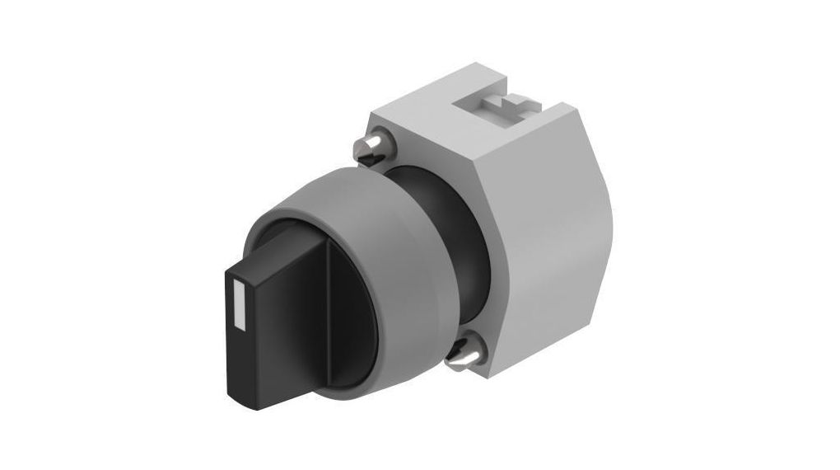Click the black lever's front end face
240,330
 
